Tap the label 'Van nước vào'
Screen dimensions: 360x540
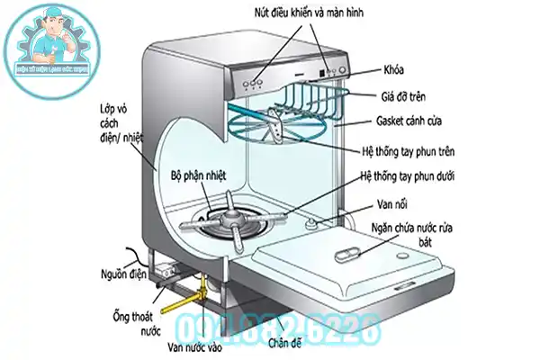(193, 344)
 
